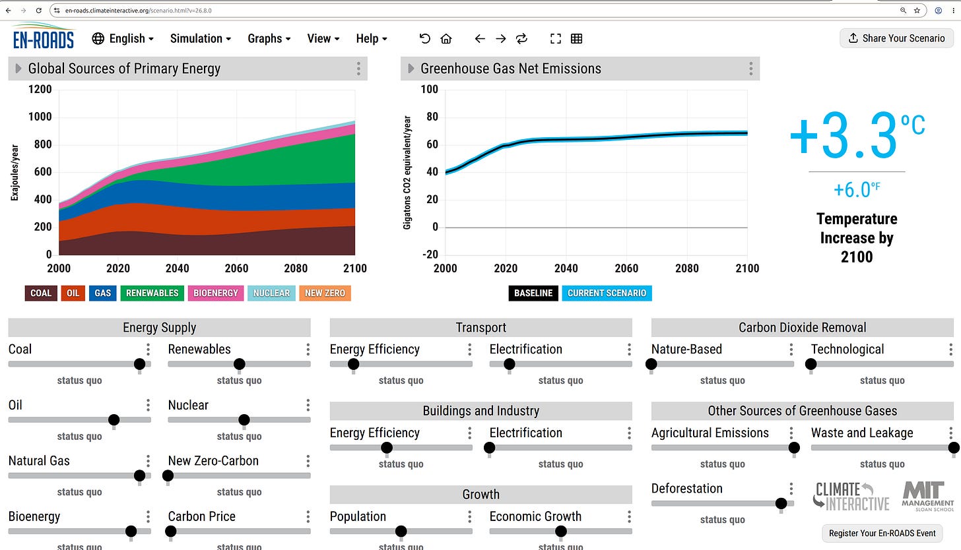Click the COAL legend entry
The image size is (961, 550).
point(41,293)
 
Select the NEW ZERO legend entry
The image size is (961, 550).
point(325,293)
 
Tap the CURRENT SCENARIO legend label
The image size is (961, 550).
point(607,293)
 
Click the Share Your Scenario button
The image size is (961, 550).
point(896,38)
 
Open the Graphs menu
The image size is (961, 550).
point(269,39)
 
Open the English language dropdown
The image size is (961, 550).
point(123,39)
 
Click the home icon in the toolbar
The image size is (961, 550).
point(446,39)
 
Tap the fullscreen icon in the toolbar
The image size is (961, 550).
point(556,39)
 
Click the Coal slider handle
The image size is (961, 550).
point(139,364)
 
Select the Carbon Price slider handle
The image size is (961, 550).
point(170,531)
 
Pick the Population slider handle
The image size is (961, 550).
point(401,531)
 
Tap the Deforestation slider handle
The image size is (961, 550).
point(781,503)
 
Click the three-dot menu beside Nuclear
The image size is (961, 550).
point(308,405)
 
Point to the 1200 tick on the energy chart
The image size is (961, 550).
point(40,89)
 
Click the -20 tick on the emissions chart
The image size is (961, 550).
point(430,254)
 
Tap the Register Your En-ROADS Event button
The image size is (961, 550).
point(882,534)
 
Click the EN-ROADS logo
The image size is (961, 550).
point(43,37)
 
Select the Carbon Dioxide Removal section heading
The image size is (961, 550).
point(803,328)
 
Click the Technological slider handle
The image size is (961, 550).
point(811,364)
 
